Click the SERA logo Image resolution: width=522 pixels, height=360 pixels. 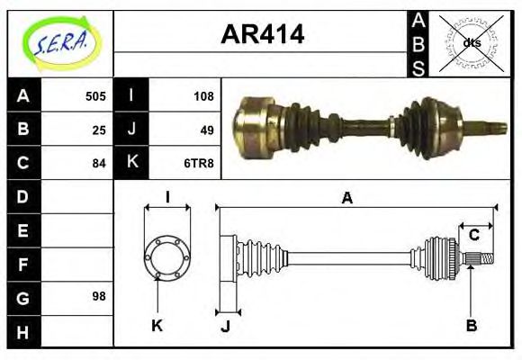61,42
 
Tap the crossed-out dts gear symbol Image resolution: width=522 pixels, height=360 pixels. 472,42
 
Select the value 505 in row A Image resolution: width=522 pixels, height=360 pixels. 94,95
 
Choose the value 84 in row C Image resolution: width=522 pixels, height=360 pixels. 99,163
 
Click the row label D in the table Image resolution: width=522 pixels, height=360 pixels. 22,195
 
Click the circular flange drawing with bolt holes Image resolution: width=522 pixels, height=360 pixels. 167,257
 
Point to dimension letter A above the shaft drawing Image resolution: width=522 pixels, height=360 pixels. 346,199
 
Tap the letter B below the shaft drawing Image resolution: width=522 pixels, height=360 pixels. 471,325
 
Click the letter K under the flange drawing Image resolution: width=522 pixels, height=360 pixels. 157,325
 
